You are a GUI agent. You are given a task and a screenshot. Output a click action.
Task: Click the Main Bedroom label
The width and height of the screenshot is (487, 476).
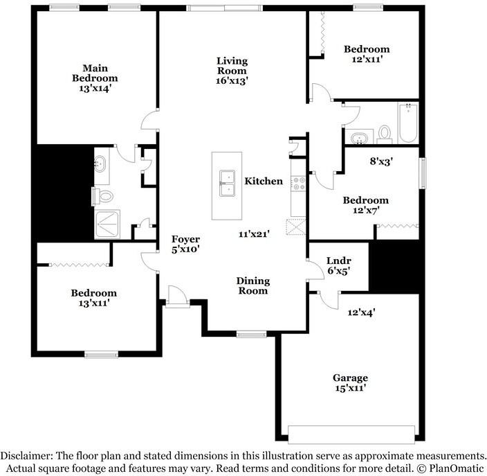tap(95, 73)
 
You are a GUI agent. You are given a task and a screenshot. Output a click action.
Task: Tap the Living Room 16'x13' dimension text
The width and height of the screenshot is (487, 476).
tap(232, 81)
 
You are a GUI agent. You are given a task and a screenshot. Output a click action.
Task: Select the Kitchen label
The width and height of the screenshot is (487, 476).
tap(264, 181)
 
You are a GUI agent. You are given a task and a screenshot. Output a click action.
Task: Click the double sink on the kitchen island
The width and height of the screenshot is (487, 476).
tap(227, 183)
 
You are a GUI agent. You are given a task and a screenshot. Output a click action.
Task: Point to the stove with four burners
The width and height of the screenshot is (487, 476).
tap(298, 183)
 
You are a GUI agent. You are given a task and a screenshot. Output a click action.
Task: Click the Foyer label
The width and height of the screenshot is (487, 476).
tap(185, 239)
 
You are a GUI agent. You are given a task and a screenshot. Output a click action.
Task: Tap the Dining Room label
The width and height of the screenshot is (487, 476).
tap(252, 285)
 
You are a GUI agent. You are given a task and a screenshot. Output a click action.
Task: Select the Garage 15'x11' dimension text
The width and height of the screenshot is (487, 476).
tap(351, 388)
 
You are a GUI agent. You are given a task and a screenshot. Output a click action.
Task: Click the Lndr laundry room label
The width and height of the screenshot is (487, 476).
tap(339, 261)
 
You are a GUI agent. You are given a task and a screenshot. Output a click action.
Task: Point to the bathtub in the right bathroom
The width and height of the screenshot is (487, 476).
tap(408, 123)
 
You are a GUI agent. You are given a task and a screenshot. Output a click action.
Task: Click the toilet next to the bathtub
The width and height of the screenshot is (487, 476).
tap(385, 134)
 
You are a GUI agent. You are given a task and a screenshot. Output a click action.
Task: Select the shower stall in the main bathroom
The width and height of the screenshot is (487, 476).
tap(107, 224)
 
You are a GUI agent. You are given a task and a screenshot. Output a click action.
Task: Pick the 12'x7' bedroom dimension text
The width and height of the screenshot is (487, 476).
tap(366, 211)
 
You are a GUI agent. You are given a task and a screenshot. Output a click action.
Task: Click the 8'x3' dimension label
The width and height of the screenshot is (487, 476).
tap(382, 161)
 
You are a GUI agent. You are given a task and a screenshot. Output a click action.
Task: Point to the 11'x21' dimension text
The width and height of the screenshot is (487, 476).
tap(254, 234)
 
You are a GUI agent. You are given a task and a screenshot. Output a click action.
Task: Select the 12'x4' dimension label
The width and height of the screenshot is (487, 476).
tap(362, 312)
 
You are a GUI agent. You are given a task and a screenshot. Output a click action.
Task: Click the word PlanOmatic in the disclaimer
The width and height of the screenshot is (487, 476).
tap(457, 468)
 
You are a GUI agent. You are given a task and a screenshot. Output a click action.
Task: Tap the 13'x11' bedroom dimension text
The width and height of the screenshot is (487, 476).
tap(94, 303)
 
